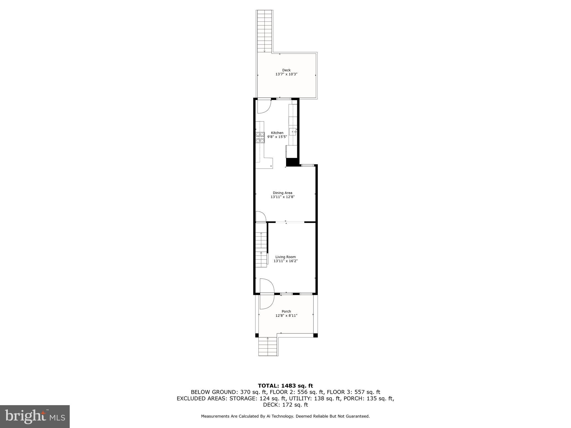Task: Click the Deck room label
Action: (286, 70)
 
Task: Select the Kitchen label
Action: (277, 133)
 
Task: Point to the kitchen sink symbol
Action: (292, 132)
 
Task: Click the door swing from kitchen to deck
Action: (263, 107)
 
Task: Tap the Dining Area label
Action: (282, 193)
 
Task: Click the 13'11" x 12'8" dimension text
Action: (282, 197)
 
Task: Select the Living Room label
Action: (285, 257)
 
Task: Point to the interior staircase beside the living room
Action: (261, 245)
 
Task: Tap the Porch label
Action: (286, 312)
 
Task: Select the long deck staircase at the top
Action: (264, 31)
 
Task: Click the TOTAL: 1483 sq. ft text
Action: (285, 386)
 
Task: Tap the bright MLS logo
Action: (35, 416)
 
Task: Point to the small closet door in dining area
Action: (260, 217)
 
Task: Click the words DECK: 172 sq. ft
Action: (285, 405)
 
